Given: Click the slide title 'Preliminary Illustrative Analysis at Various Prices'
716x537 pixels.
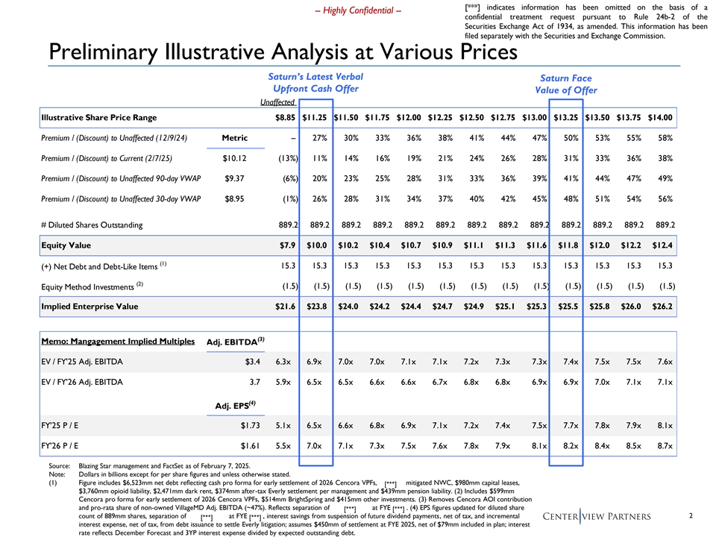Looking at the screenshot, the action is [x=283, y=51].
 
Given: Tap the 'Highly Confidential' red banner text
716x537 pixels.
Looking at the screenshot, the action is [x=359, y=10].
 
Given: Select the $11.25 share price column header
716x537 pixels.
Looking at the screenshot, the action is [x=315, y=117].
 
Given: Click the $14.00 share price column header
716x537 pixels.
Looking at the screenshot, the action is [x=660, y=117].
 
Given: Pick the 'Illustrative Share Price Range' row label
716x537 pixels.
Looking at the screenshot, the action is [x=98, y=117].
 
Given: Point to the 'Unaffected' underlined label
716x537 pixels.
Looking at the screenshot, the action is [x=277, y=102].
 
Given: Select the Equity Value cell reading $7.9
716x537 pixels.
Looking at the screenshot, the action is [x=288, y=245].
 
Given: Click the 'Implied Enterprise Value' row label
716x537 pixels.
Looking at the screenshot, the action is [x=89, y=307].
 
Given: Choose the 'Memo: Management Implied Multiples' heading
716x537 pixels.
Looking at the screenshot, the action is [x=118, y=341].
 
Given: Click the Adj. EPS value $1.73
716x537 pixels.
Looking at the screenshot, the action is [x=251, y=426].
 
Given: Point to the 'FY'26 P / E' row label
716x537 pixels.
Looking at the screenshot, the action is [x=60, y=446].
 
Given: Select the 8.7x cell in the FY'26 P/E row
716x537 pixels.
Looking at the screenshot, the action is [x=665, y=446].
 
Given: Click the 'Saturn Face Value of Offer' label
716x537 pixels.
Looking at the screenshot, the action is [x=566, y=84].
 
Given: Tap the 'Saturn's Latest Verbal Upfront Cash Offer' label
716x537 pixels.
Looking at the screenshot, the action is [x=315, y=83].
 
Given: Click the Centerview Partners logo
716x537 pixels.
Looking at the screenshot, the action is [x=597, y=516].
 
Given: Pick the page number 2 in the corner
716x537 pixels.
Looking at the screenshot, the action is [x=691, y=515].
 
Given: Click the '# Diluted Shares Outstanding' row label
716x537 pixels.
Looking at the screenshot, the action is [x=92, y=225].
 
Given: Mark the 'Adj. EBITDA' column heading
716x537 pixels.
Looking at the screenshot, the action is [x=235, y=342].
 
